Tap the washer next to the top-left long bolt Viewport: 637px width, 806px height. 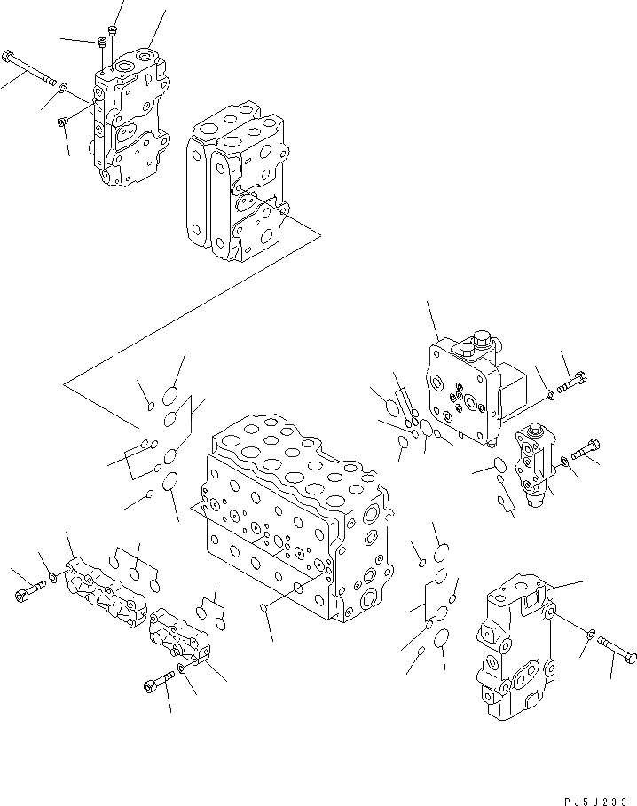pos(62,86)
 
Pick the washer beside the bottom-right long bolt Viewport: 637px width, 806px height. pos(591,632)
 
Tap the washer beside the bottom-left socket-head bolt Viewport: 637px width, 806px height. pos(181,668)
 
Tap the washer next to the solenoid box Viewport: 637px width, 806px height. pos(553,394)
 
